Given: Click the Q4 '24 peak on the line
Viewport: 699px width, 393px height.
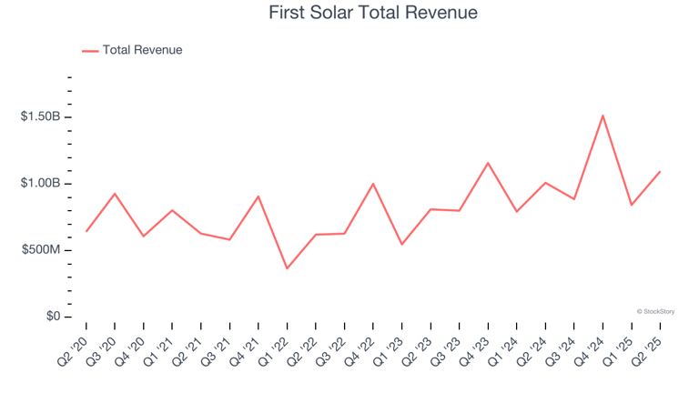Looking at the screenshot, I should coord(603,116).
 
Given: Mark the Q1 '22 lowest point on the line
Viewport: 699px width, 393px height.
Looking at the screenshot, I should coord(287,268).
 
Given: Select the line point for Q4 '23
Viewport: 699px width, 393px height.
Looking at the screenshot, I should coord(488,163).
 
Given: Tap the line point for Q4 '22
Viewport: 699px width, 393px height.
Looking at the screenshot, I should coord(373,184).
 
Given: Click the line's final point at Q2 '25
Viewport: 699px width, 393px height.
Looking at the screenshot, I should coord(660,171).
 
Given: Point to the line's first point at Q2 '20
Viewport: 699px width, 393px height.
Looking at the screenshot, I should coord(86,231).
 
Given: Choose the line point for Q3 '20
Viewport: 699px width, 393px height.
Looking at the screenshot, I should coord(115,193).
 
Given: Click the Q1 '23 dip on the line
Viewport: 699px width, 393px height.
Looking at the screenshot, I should coord(401,244).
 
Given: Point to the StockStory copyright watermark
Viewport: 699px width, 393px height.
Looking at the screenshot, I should coord(655,311).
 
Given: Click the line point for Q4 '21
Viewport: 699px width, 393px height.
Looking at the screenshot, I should coord(258,196).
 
